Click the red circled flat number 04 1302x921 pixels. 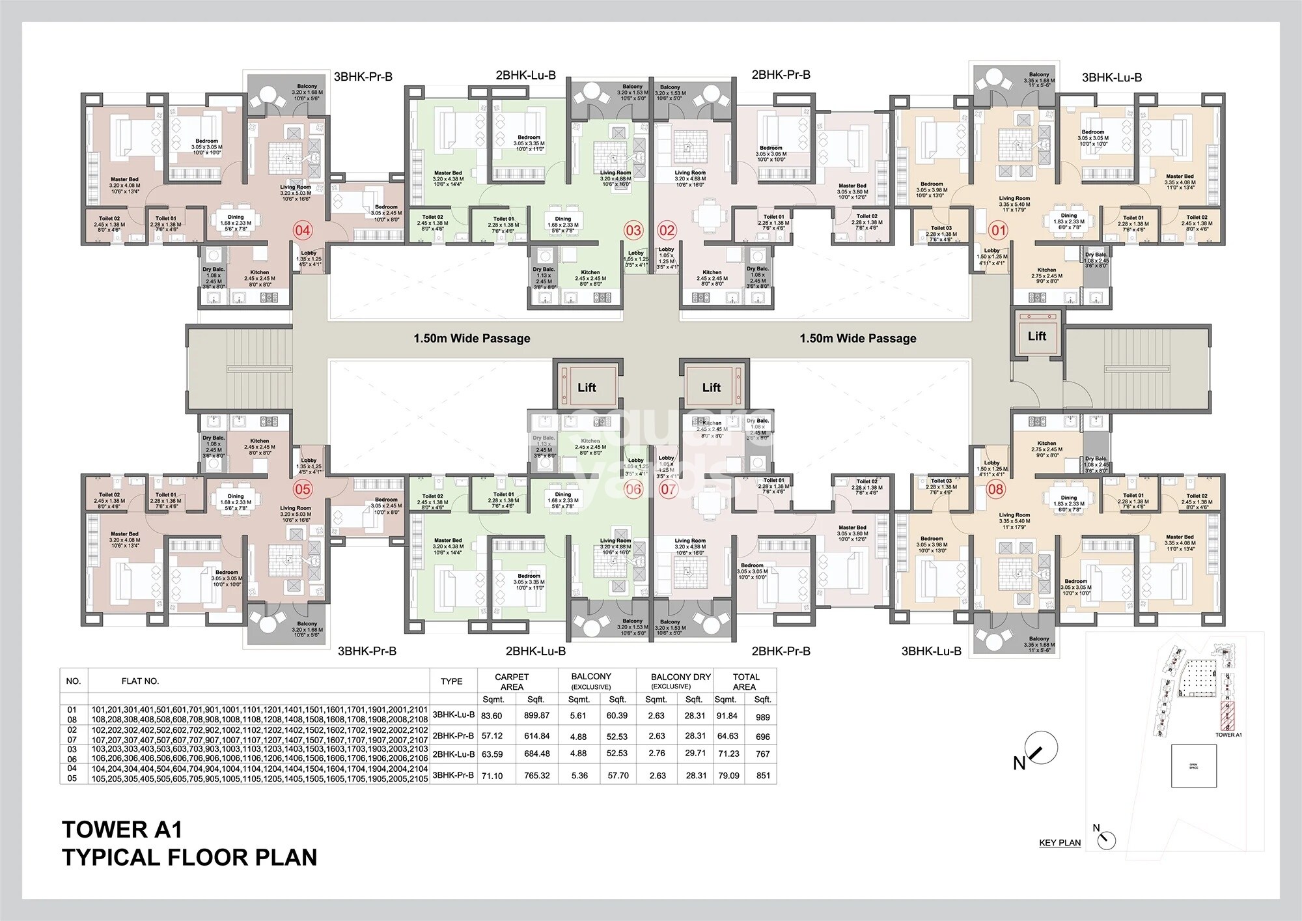tap(303, 230)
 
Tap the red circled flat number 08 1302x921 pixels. tap(996, 489)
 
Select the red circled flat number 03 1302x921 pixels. tap(633, 230)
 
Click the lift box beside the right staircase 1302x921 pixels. tap(1036, 336)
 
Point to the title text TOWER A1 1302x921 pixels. tap(122, 830)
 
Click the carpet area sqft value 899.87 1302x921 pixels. tap(536, 715)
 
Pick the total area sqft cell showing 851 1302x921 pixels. tap(763, 775)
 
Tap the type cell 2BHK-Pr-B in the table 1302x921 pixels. tap(453, 735)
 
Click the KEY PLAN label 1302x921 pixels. tap(1060, 842)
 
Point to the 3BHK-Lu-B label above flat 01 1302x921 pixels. tap(1112, 78)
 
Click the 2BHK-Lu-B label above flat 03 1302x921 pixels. tap(525, 76)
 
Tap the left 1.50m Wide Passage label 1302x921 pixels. tap(472, 339)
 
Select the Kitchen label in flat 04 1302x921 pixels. tap(259, 272)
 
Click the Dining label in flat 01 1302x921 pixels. tap(1069, 216)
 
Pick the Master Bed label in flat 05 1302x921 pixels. tap(124, 534)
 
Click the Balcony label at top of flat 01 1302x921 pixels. tap(1039, 75)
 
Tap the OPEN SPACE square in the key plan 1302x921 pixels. tap(1193, 766)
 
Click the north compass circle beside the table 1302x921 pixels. tap(1040, 748)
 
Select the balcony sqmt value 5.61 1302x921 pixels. tap(577, 715)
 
